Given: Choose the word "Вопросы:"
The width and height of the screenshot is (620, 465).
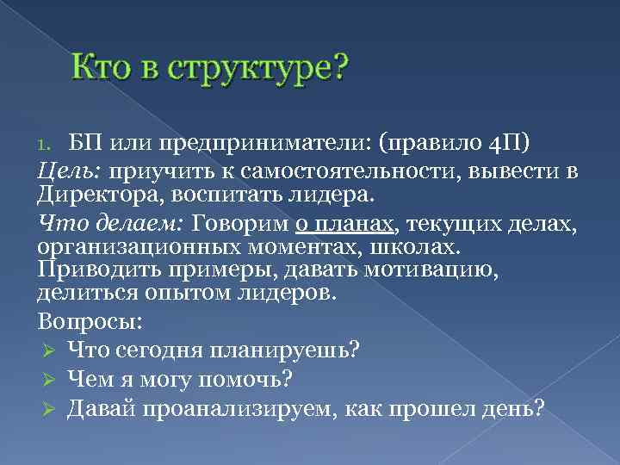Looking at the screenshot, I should click(x=90, y=322).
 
